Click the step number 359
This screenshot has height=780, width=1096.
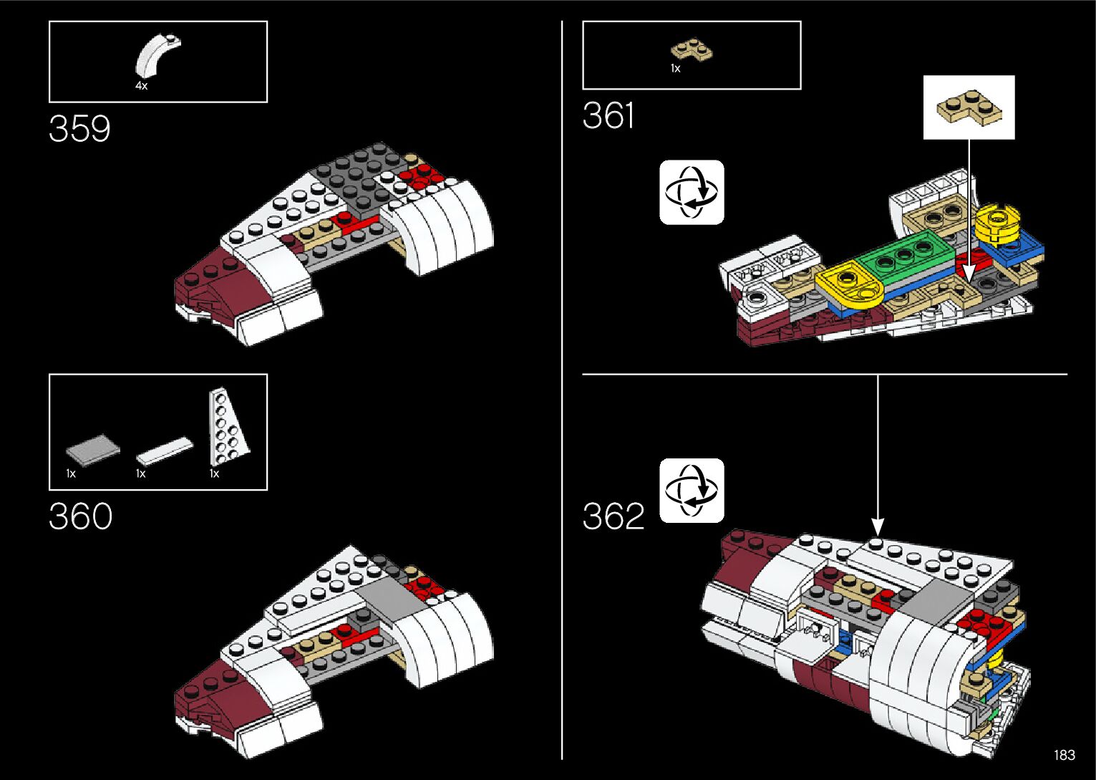tap(79, 128)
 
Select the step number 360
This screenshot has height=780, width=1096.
tap(81, 516)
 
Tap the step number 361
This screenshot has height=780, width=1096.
tap(608, 115)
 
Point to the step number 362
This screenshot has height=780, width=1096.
tap(614, 516)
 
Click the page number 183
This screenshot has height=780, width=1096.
tap(1065, 754)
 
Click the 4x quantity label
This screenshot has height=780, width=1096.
tap(142, 86)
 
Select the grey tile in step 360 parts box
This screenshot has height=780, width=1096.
tap(93, 448)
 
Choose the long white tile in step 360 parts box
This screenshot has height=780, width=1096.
tap(165, 451)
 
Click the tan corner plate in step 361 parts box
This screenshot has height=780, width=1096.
tap(692, 50)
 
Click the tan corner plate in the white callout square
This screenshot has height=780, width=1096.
tap(969, 107)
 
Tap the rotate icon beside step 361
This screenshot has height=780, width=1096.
tap(692, 192)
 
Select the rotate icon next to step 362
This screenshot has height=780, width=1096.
tap(692, 491)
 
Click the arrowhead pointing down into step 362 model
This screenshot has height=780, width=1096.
tap(878, 528)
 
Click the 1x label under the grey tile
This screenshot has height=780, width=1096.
tap(71, 473)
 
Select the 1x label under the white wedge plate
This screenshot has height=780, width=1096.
tap(214, 473)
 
